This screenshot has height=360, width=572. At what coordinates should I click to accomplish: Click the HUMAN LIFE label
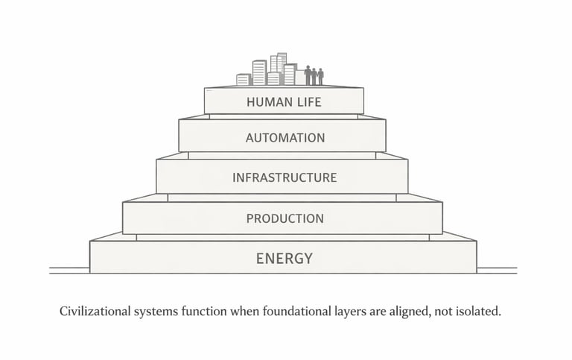pos(284,102)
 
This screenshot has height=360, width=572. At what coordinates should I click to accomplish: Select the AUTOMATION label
pos(285,138)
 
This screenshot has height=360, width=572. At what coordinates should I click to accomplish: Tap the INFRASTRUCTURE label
pos(285,177)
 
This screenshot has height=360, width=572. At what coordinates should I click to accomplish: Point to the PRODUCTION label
pos(285,218)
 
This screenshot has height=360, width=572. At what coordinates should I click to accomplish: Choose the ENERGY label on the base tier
pos(285,259)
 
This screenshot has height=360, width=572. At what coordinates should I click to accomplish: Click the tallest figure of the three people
pos(308,75)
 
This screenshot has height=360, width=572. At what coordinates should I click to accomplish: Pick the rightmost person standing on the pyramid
pos(321,77)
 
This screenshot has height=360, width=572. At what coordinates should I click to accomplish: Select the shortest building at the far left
pos(243,79)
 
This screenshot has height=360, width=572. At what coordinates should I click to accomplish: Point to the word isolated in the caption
pos(477,312)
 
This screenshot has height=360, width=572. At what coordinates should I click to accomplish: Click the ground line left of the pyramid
pos(69,270)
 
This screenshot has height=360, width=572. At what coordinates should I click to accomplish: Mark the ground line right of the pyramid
pos(497,270)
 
